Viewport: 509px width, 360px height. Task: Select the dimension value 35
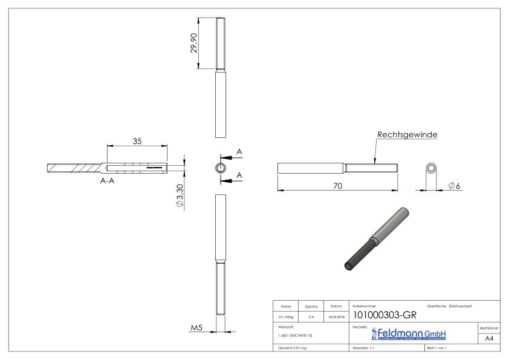(x=137, y=141)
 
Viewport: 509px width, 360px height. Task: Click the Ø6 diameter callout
(x=455, y=185)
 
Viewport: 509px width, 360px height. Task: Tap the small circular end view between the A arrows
(x=221, y=168)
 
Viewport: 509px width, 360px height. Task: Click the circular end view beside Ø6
(x=432, y=168)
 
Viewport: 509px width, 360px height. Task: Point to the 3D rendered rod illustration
(x=375, y=238)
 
